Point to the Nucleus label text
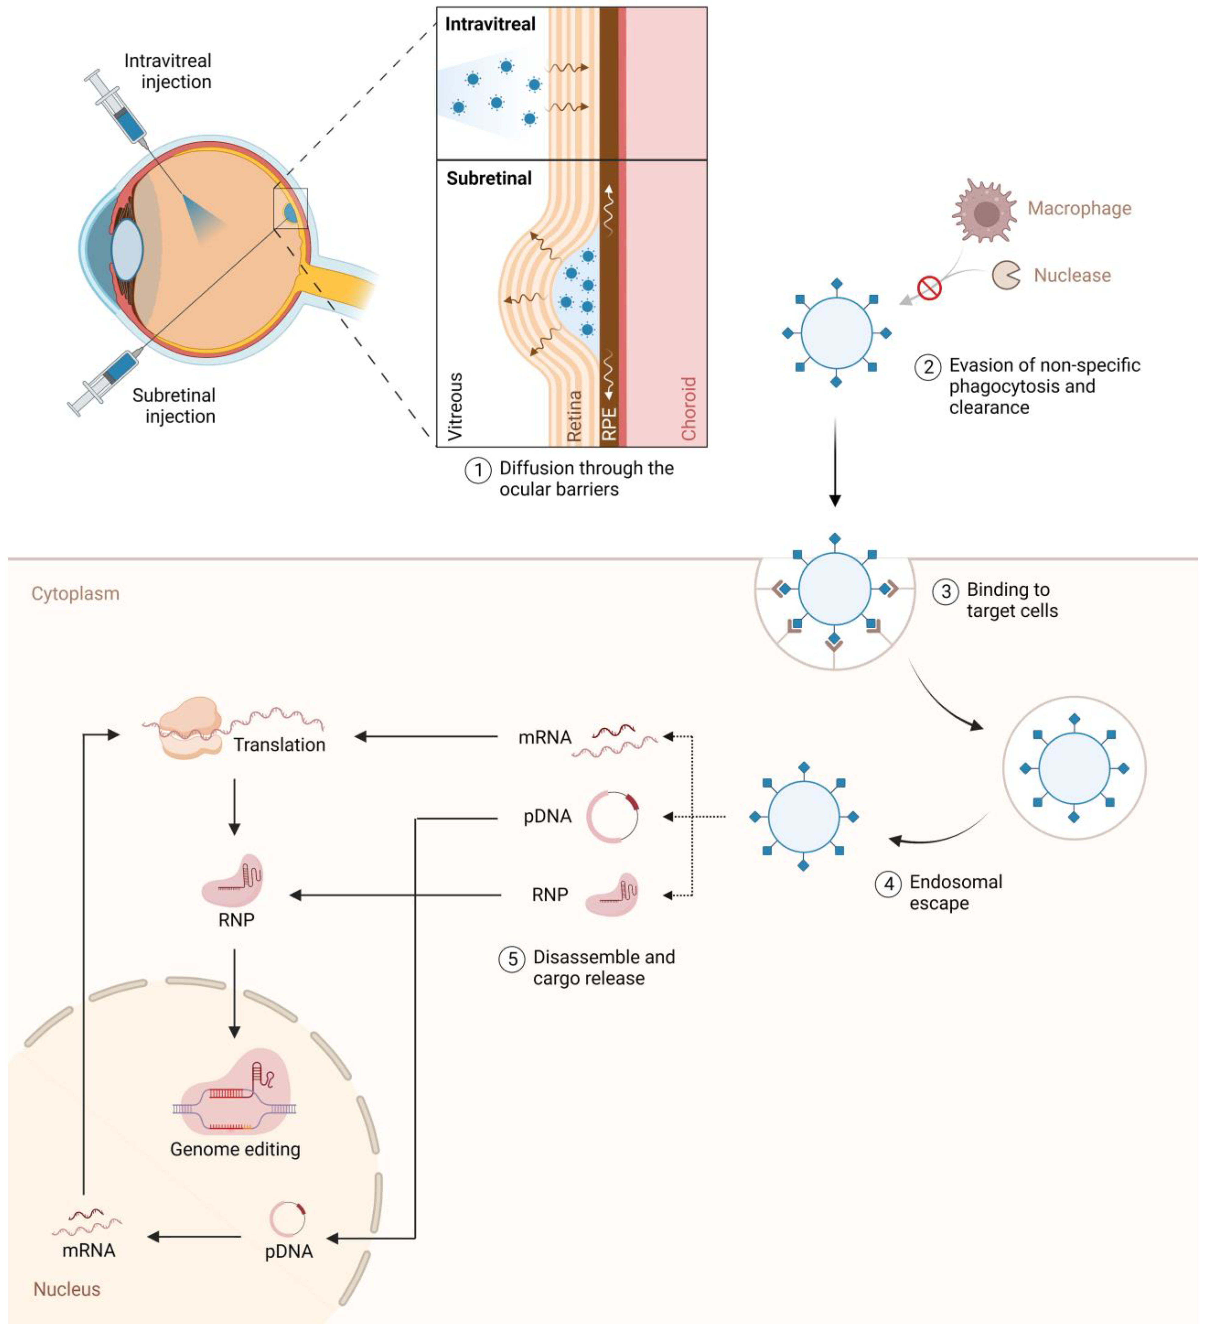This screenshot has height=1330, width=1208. click(x=67, y=1289)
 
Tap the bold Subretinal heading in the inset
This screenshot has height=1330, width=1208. click(x=489, y=178)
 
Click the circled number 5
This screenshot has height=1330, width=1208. click(x=512, y=959)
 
